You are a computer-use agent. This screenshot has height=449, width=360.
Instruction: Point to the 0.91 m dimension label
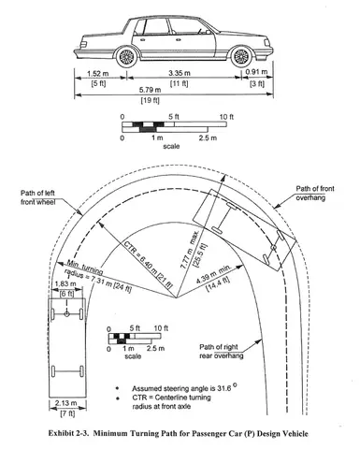[254, 71]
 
